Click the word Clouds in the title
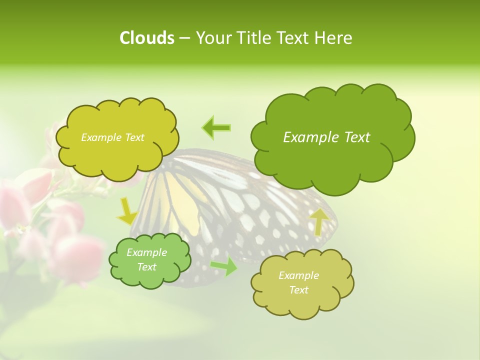click(x=146, y=38)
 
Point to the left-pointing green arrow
click(x=216, y=128)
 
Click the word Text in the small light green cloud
click(x=147, y=267)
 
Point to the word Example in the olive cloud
click(x=298, y=275)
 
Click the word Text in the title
click(x=293, y=38)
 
